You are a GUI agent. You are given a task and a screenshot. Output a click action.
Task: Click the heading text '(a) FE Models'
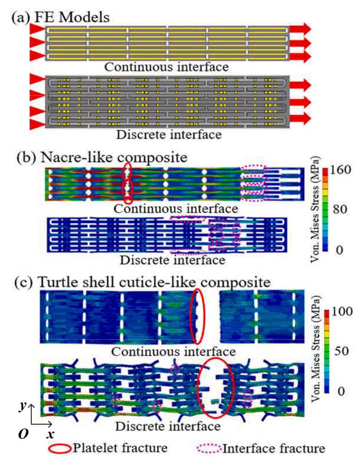tap(60, 17)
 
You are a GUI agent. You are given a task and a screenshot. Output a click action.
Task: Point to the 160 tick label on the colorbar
tap(341, 170)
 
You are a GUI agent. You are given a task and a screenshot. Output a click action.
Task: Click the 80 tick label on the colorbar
tap(340, 209)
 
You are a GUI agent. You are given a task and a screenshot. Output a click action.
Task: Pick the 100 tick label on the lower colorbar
tap(341, 311)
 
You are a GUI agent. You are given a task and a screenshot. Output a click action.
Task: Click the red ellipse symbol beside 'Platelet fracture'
tap(60, 449)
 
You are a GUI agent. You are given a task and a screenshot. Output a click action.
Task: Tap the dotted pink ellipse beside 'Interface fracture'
tap(209, 449)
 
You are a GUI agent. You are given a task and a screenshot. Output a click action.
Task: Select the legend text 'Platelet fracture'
tap(120, 448)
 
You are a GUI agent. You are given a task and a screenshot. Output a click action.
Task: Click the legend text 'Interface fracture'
tap(274, 448)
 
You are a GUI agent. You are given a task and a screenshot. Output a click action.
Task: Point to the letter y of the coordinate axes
tap(23, 406)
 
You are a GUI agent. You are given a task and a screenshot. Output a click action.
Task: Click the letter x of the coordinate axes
tap(50, 434)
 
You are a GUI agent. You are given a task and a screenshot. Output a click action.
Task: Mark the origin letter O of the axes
tap(24, 434)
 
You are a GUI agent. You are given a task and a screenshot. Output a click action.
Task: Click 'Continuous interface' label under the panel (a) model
tap(167, 67)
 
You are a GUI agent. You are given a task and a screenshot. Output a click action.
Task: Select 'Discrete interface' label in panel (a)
tap(169, 135)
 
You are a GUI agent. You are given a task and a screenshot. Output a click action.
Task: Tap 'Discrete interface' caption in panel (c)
tap(168, 426)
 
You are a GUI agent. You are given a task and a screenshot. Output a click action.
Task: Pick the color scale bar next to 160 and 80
tap(326, 209)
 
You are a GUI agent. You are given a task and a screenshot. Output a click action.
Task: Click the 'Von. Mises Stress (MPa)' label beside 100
tap(316, 348)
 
